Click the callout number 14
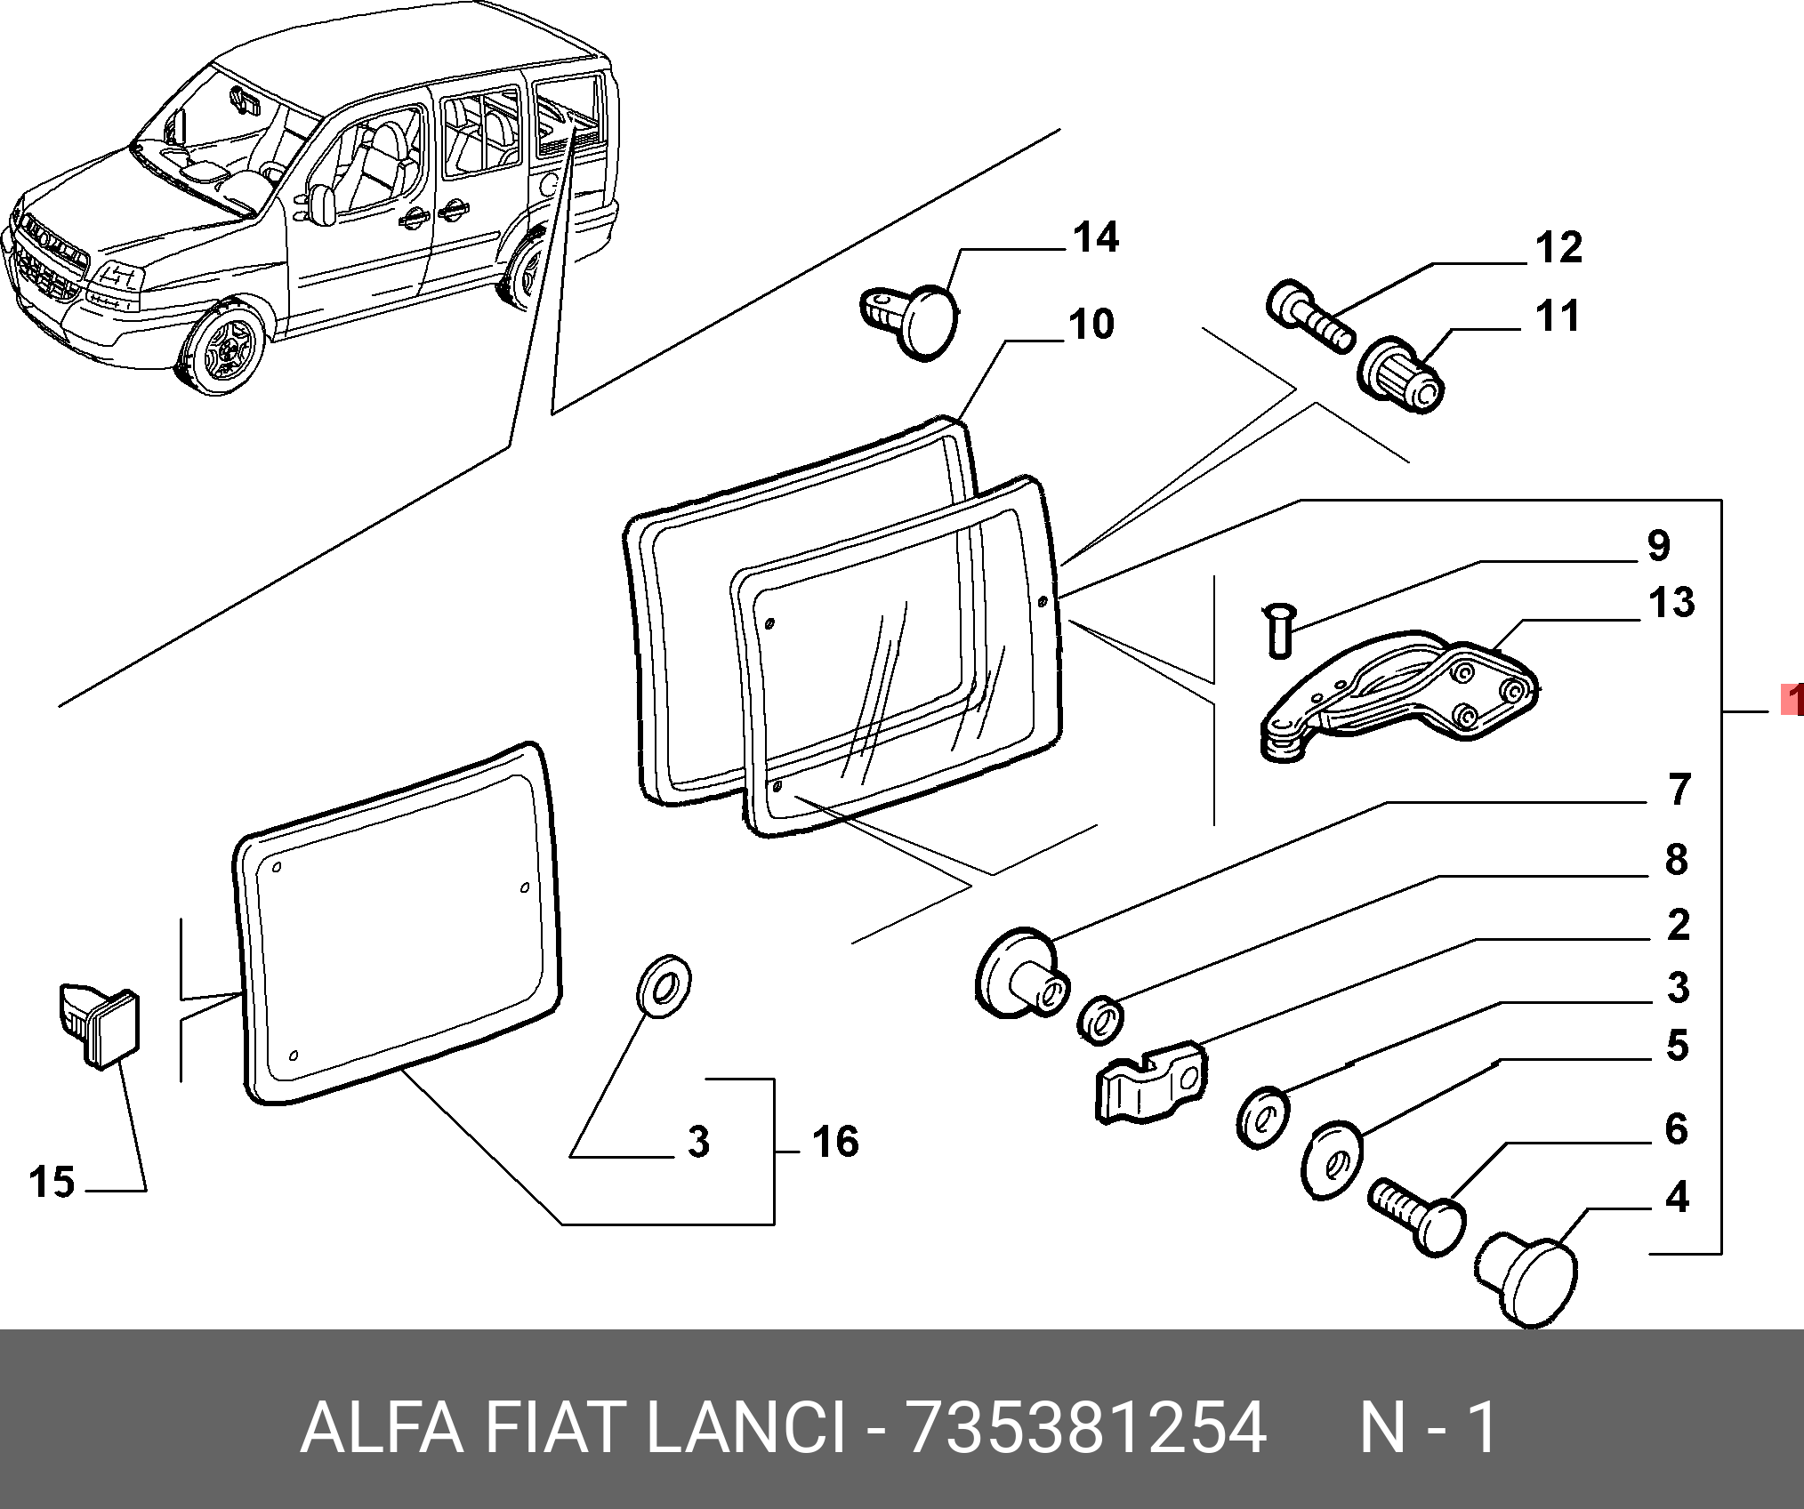point(1095,239)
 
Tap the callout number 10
point(1091,325)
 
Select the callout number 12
point(1558,248)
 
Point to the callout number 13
point(1671,603)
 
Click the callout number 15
point(52,1183)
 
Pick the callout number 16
point(834,1143)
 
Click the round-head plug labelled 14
point(916,321)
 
